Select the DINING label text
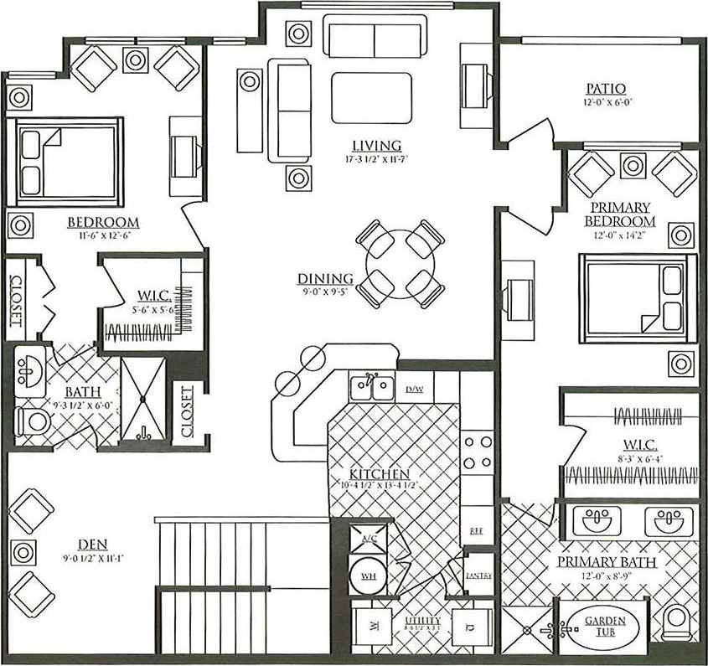tap(325, 279)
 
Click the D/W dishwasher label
tap(414, 390)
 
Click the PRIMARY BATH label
tap(607, 562)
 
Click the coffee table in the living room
tap(371, 98)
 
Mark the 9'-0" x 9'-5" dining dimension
tap(326, 292)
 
